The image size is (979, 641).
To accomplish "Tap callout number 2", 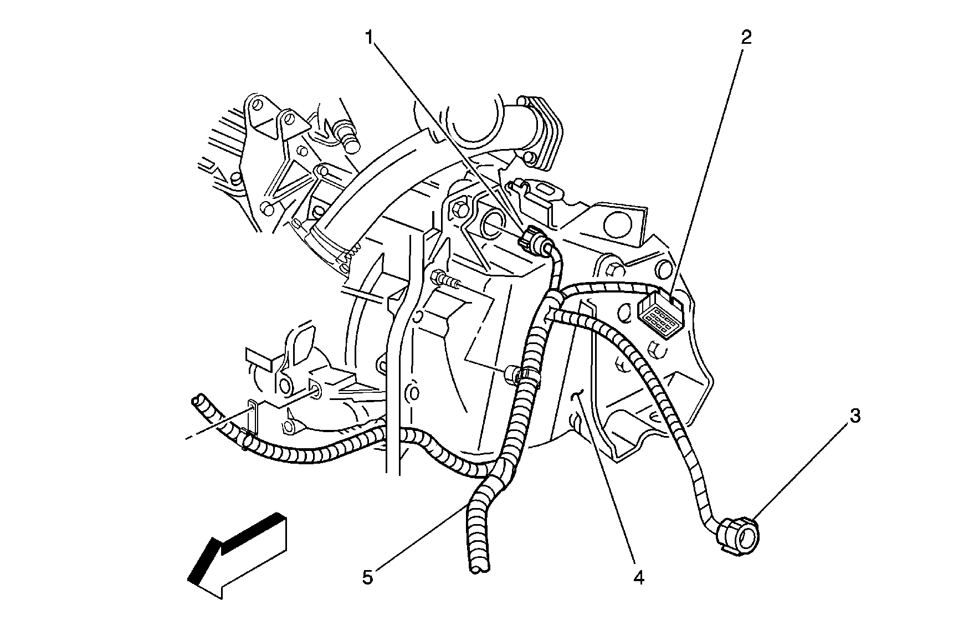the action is pyautogui.click(x=746, y=37).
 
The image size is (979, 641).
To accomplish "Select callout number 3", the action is pyautogui.click(x=855, y=416).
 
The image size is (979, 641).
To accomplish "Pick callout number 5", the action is pyautogui.click(x=368, y=577).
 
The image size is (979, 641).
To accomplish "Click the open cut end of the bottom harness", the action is pyautogui.click(x=479, y=566).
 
